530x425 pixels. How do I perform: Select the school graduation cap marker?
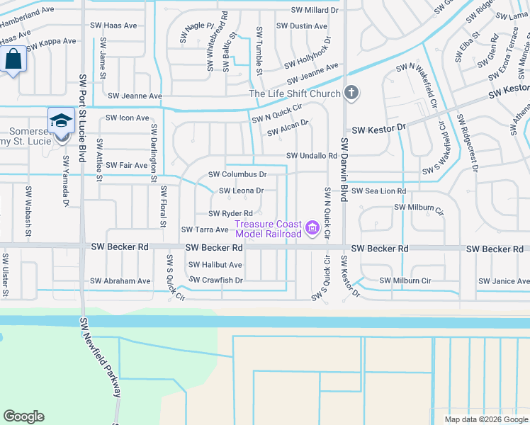click(x=61, y=120)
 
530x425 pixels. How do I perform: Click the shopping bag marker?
click(x=13, y=59)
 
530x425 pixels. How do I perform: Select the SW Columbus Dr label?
click(x=237, y=174)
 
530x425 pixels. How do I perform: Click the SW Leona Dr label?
click(x=241, y=191)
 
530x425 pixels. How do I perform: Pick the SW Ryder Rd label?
click(x=231, y=213)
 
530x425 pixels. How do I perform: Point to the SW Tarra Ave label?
click(x=205, y=229)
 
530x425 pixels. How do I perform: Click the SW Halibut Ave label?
click(x=215, y=265)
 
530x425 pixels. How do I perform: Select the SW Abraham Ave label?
click(x=120, y=280)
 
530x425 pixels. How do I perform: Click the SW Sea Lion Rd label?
click(x=378, y=191)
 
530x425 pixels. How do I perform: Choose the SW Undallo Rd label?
click(x=311, y=156)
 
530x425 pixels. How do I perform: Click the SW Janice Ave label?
click(x=503, y=280)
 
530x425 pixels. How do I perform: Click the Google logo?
click(x=23, y=416)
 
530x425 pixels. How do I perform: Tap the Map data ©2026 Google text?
click(x=485, y=419)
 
